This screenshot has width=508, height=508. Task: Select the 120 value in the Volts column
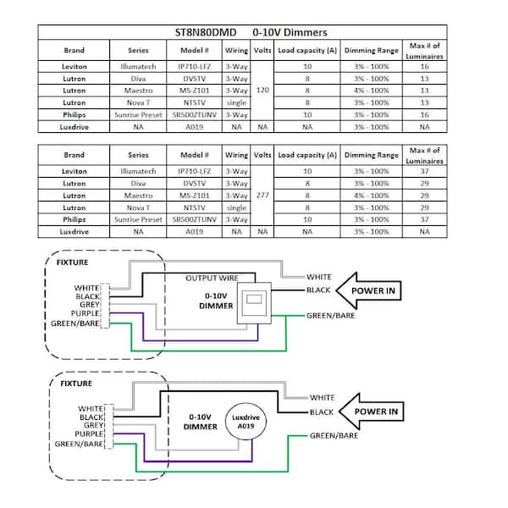pos(262,89)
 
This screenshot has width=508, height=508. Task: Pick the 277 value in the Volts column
pos(262,195)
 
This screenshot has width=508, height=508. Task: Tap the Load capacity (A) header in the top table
pos(307,50)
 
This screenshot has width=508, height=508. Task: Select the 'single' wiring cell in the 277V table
pos(237,207)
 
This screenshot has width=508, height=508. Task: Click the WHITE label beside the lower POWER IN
pos(323,397)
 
